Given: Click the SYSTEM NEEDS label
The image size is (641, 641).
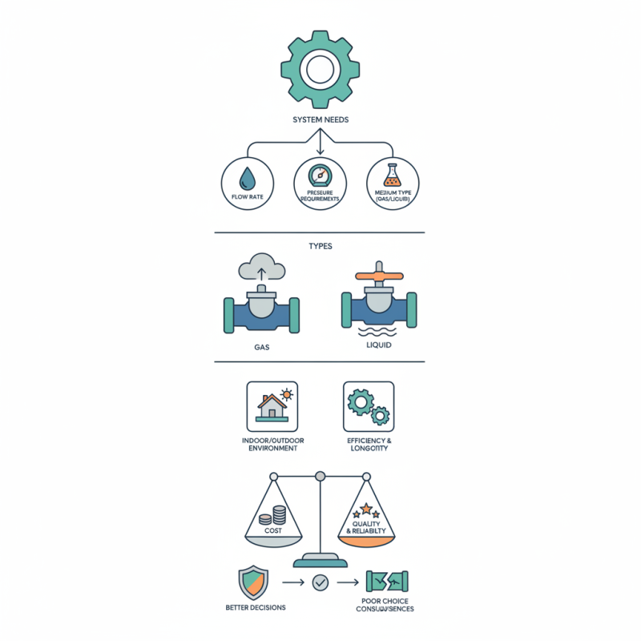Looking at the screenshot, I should coord(320,120).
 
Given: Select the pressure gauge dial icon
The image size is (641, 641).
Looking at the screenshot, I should coord(320,175).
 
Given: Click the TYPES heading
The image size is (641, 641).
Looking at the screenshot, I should coord(320,247).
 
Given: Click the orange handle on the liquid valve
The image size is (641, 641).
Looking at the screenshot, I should coord(379,276).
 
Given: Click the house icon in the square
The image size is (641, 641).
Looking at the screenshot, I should coord(271,407).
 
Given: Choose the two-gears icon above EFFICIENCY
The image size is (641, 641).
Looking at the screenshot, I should coord(369,407).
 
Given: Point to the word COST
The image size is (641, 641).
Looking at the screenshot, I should coord(272,530).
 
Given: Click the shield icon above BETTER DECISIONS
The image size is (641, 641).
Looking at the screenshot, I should coord(253,583).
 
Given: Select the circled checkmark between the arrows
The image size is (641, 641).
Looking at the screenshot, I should coord(320,583).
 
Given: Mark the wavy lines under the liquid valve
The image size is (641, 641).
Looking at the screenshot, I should coord(379,330).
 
